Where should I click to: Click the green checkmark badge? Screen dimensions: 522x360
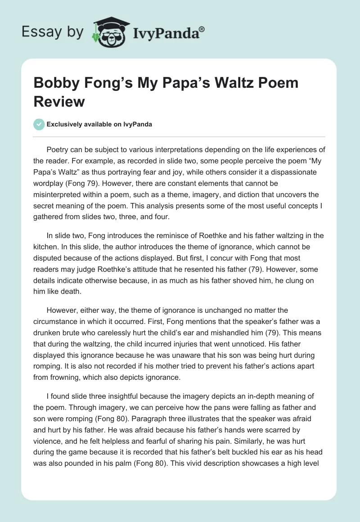(39, 124)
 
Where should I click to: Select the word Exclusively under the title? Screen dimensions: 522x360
(65, 124)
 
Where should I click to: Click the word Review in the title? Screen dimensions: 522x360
(59, 101)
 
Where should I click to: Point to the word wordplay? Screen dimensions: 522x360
(50, 182)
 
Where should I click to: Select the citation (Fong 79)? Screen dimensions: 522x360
(96, 182)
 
